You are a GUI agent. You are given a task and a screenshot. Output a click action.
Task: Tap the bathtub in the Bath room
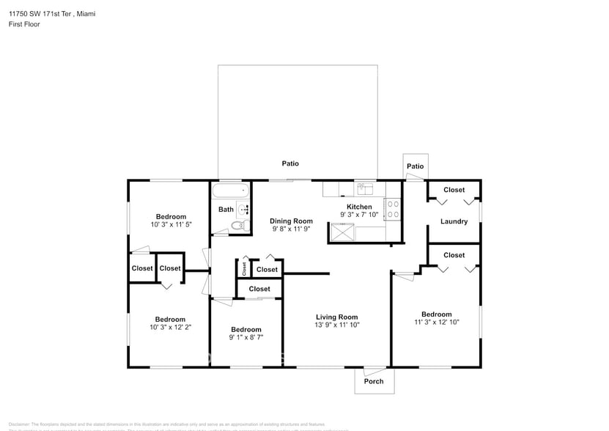(230, 193)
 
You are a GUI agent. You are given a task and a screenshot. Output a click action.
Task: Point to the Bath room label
(226, 210)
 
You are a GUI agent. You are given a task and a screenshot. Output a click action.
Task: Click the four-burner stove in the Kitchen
(393, 210)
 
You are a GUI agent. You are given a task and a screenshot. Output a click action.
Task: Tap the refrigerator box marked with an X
(342, 232)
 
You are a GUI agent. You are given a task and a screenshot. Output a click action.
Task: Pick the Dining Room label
(291, 221)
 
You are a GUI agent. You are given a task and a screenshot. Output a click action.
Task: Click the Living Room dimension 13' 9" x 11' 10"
(337, 325)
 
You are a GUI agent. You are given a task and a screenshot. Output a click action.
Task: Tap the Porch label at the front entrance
(374, 381)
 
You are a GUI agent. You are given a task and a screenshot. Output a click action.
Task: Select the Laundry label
(454, 221)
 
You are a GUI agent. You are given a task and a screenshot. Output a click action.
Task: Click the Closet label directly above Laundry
(454, 190)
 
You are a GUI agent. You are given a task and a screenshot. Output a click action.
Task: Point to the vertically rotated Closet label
(244, 269)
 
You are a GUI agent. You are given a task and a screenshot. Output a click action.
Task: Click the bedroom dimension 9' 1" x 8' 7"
(246, 337)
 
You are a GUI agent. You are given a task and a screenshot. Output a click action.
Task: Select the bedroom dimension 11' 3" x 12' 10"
(436, 322)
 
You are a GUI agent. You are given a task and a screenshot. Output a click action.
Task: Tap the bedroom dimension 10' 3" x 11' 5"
(170, 224)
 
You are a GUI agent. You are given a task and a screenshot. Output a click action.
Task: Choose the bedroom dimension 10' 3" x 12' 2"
(170, 327)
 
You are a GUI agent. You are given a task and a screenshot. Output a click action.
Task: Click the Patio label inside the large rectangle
(291, 163)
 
